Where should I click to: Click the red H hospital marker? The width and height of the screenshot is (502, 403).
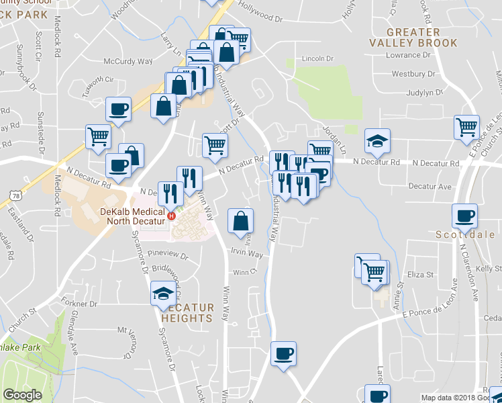171,216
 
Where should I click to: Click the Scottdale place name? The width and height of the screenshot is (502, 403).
465,235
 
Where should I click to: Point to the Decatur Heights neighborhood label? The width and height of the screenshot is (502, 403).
187,313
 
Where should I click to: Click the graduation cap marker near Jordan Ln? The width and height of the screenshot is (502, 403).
377,141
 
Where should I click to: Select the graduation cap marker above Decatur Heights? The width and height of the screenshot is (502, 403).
162,294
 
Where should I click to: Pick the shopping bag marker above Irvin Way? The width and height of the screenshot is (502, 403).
240,220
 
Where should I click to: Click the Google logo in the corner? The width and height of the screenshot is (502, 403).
22,396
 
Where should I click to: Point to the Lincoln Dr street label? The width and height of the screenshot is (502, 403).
317,58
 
